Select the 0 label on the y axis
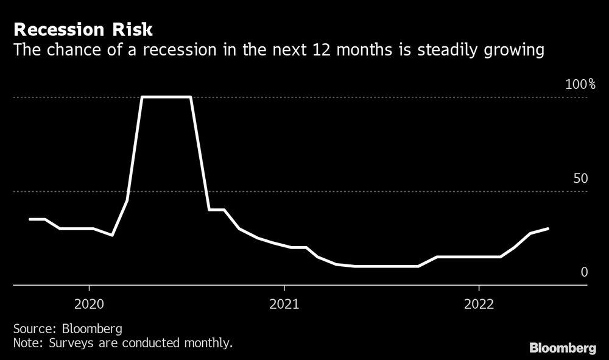click(584, 272)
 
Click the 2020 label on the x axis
click(89, 303)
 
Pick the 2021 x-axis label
click(284, 303)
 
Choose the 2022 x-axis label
click(479, 303)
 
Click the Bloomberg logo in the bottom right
click(562, 348)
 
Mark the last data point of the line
click(548, 228)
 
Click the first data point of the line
click(30, 219)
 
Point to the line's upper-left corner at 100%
click(142, 97)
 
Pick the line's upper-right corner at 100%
click(191, 97)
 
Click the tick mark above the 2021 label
click(284, 288)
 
